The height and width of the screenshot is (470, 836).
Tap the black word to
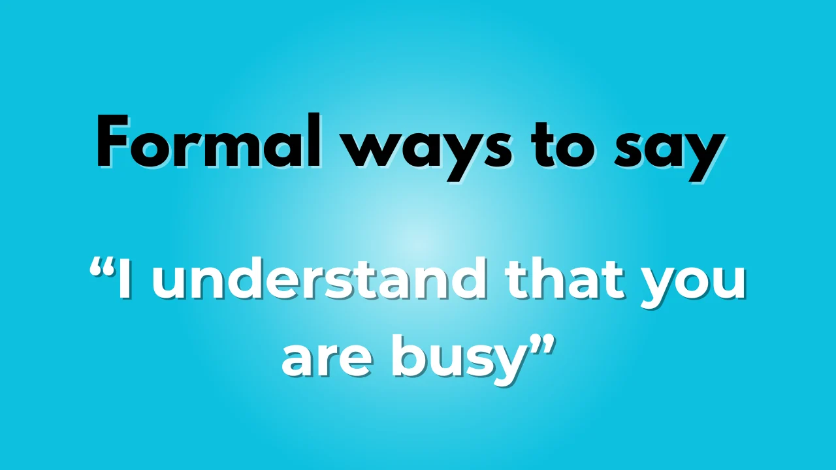564,144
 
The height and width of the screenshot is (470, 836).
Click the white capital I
124,280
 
